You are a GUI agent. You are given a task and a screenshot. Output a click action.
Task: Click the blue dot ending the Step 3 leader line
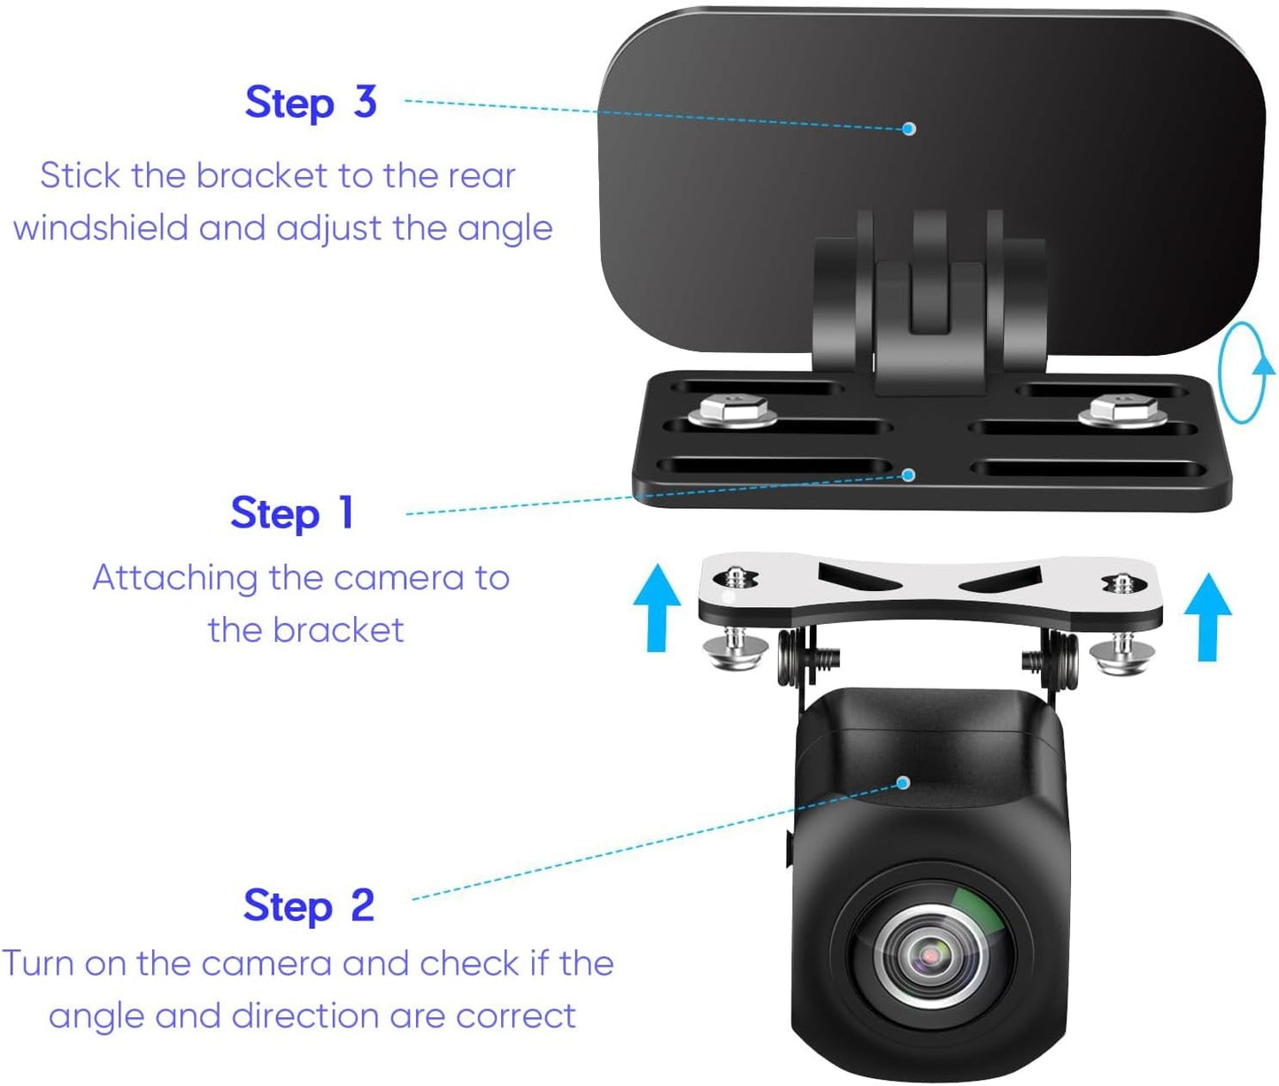point(909,128)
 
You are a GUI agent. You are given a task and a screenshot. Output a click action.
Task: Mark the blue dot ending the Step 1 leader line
point(908,474)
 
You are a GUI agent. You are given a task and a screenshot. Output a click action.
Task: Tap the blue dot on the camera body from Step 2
point(904,782)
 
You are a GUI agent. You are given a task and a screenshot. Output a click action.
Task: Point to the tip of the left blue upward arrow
point(657,564)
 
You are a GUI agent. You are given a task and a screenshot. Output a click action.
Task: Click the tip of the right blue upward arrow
point(1208,573)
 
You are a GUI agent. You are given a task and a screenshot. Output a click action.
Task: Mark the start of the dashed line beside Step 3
point(405,100)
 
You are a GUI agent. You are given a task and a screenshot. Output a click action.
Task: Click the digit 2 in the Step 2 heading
point(363,905)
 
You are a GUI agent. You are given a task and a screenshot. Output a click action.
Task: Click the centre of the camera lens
point(930,957)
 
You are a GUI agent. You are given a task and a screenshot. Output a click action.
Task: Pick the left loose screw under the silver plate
point(736,651)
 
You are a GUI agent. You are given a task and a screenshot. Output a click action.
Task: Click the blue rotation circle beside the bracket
point(1244,373)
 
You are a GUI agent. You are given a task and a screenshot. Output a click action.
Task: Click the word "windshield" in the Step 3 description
point(101,227)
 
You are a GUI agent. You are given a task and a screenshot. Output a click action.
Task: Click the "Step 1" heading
point(292,513)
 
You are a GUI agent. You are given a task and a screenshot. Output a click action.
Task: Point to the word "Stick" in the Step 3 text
point(81,175)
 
